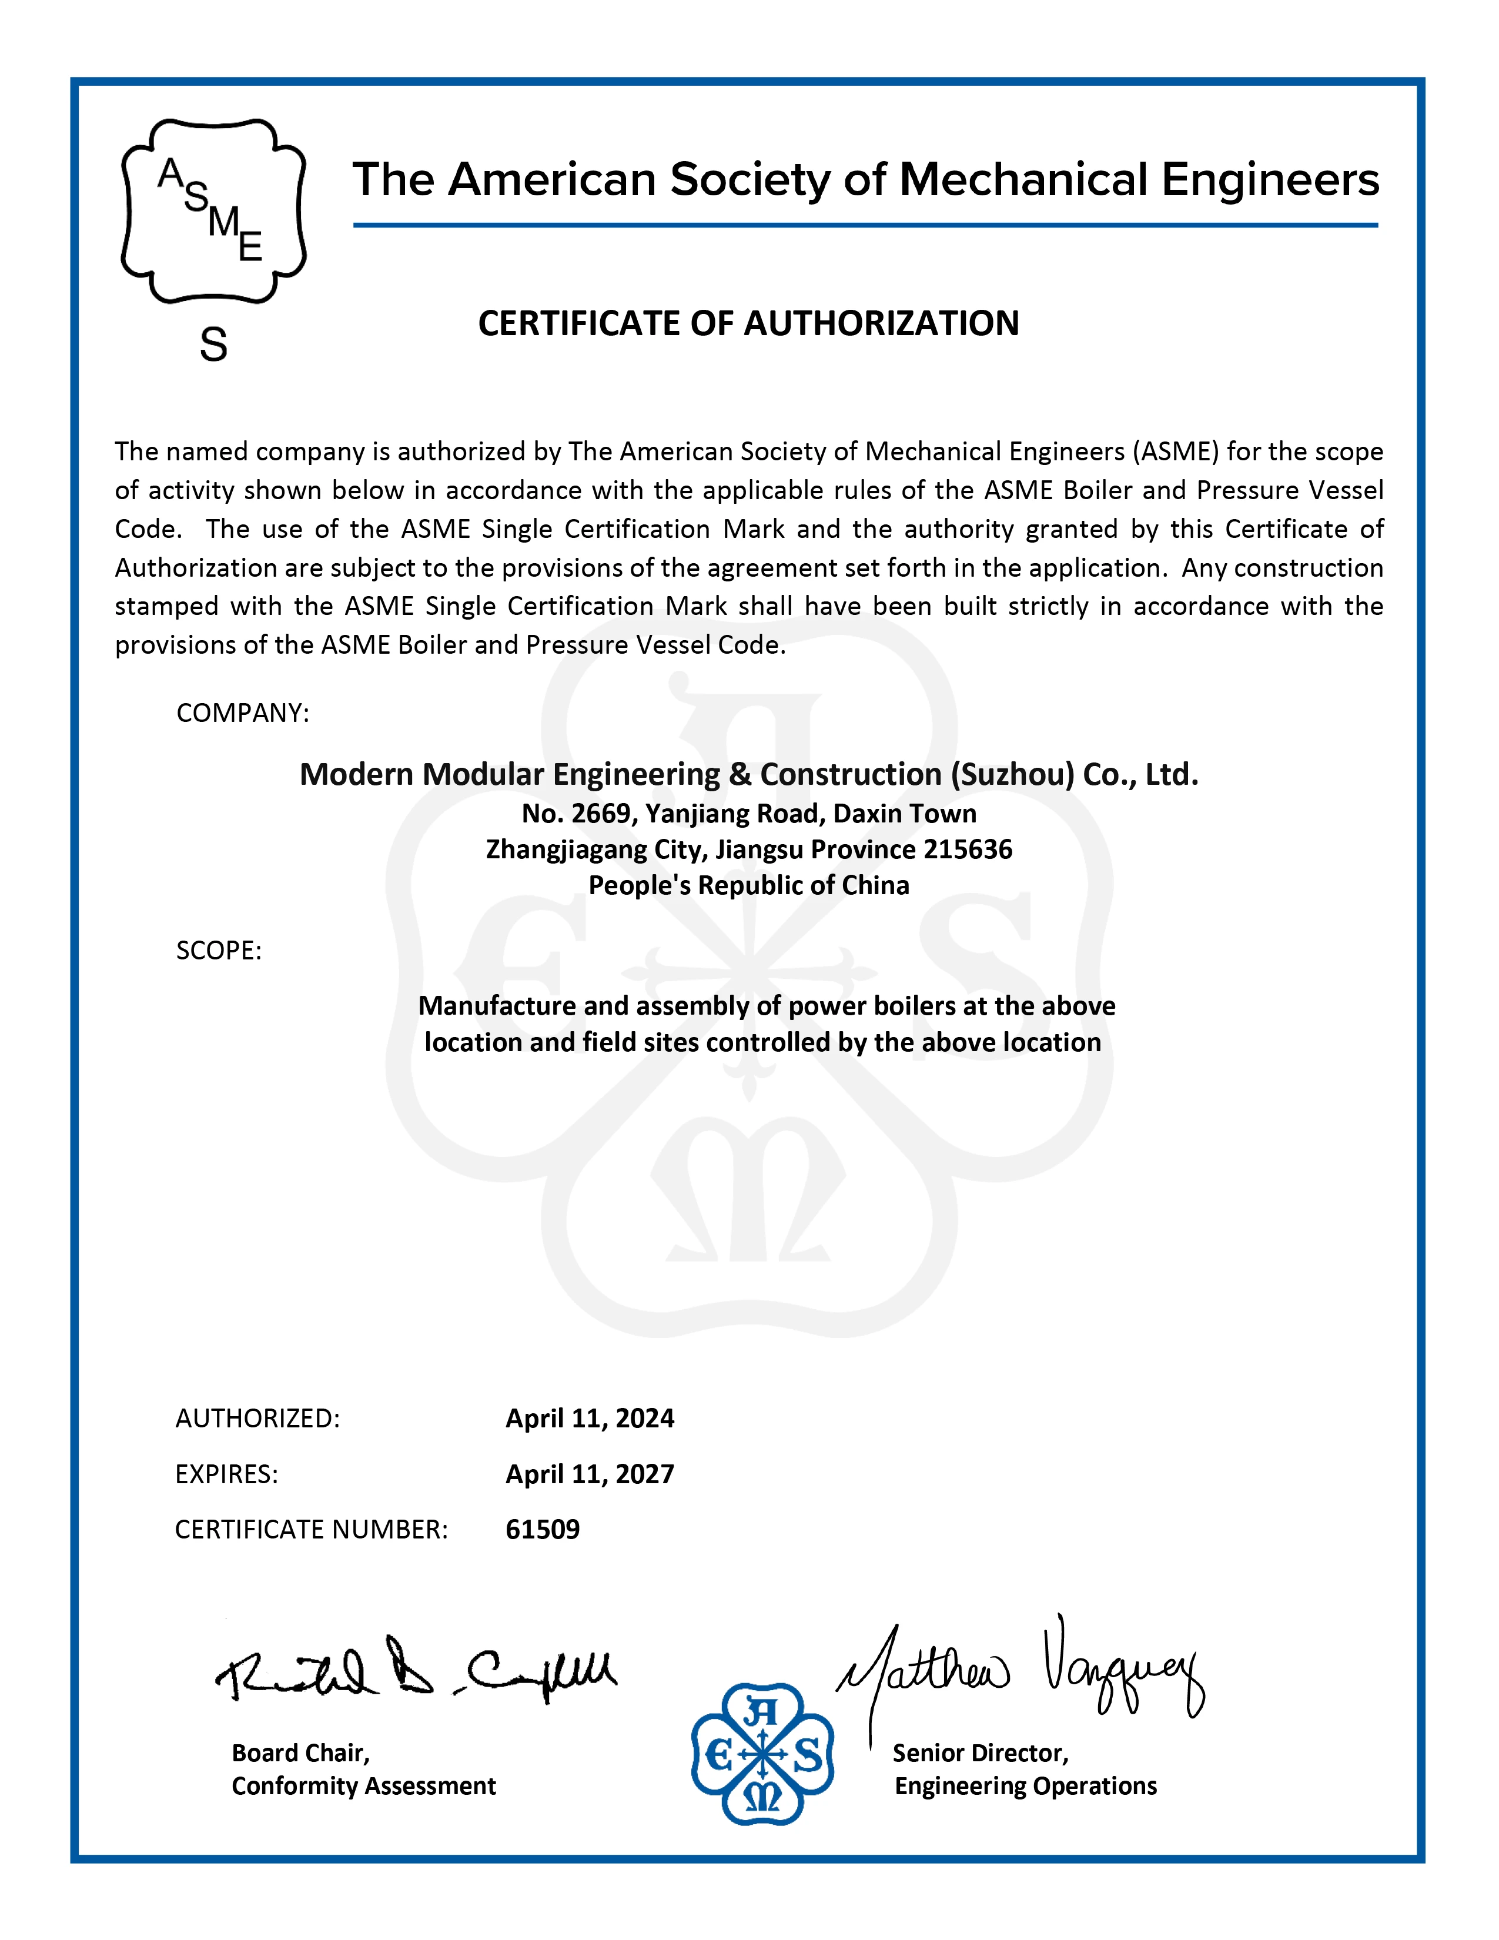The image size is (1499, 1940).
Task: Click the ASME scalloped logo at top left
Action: pos(213,212)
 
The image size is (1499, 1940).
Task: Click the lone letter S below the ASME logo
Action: pos(213,344)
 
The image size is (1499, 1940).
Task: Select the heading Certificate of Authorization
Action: pos(748,323)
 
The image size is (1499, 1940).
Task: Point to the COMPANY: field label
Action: pos(242,713)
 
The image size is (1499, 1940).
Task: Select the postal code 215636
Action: pos(968,850)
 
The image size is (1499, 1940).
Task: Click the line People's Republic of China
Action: pos(748,885)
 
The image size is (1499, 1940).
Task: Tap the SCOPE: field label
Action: pos(219,951)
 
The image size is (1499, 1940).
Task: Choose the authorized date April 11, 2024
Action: pos(590,1418)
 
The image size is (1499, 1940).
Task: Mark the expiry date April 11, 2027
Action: pos(590,1474)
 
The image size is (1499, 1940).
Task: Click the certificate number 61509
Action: pos(543,1528)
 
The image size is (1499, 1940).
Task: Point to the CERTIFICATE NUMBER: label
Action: pos(311,1528)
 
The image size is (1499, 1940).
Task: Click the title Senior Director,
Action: pos(981,1752)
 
